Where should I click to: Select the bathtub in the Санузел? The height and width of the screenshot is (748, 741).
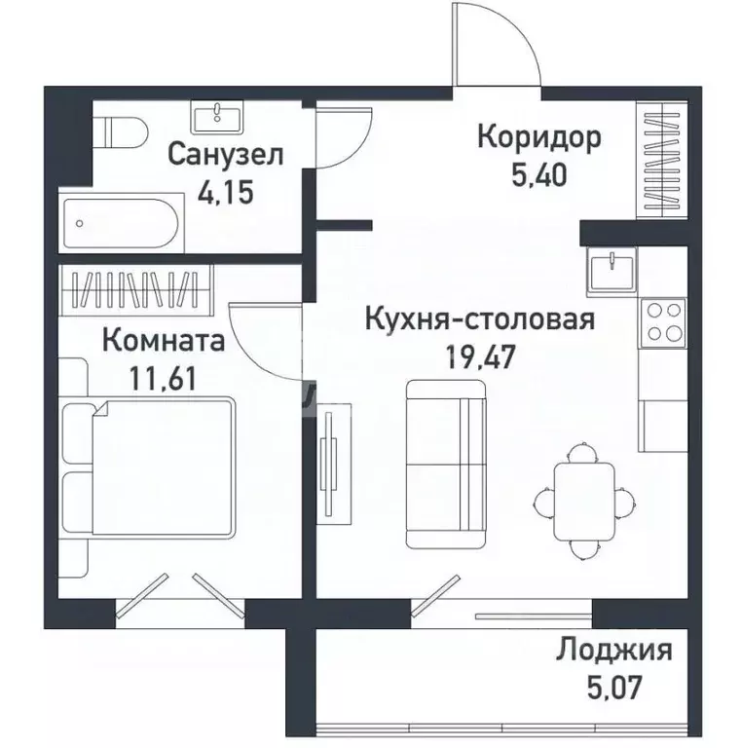[119, 223]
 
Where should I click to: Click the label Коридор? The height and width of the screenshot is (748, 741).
[538, 136]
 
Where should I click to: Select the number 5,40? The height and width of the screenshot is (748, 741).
[538, 174]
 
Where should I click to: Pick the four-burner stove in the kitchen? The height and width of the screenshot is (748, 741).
[661, 322]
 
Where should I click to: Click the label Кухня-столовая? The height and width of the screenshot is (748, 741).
[479, 318]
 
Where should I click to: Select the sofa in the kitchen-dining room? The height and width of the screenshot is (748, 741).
[445, 463]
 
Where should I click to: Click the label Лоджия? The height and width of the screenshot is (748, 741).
[614, 650]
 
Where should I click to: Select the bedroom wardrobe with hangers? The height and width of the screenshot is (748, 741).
[135, 289]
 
